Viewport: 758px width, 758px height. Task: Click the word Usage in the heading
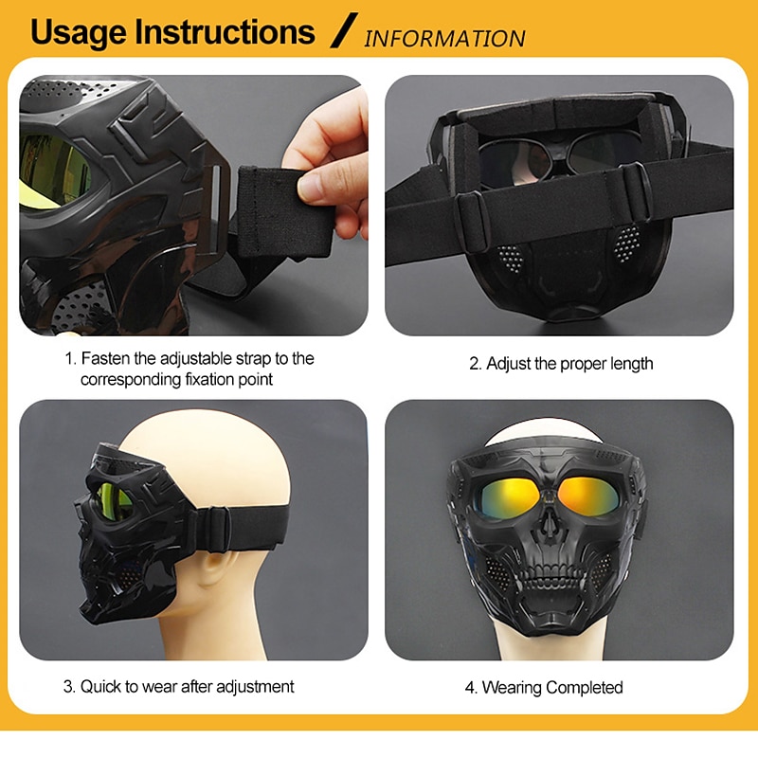tap(79, 33)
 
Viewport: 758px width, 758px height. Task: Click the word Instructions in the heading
tap(225, 32)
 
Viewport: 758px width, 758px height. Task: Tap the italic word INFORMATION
tap(444, 39)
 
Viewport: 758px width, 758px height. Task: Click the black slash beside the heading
tap(344, 30)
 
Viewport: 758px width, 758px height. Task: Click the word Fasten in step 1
tap(106, 359)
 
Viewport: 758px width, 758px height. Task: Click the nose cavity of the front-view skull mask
tap(548, 526)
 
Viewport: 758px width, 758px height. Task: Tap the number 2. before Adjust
tap(476, 364)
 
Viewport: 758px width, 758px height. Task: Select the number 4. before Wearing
tap(471, 688)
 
